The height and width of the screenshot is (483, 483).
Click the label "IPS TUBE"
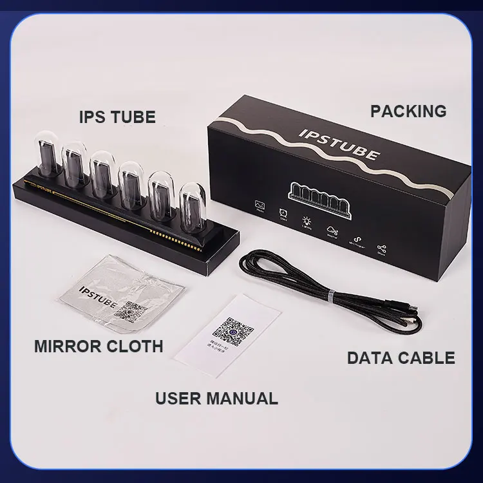pos(117,117)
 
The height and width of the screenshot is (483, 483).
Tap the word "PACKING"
pos(408,111)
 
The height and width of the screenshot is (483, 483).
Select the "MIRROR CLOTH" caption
pos(99,346)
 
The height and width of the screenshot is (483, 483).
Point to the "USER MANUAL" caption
pos(216,397)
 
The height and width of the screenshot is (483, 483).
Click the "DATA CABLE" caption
pos(401,357)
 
